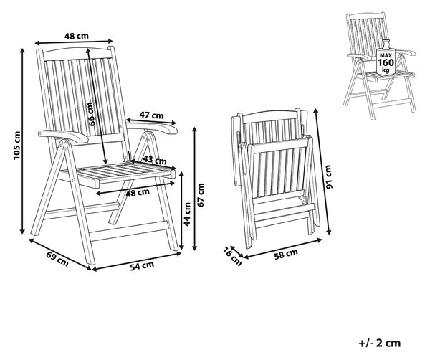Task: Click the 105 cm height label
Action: [17, 146]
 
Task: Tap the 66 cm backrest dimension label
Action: [92, 114]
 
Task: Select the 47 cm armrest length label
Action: [152, 115]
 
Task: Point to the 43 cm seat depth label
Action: [155, 159]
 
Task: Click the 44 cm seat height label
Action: [187, 214]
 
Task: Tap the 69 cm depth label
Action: [57, 259]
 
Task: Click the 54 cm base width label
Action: [142, 266]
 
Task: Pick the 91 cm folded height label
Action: [328, 176]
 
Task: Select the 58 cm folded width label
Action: [286, 254]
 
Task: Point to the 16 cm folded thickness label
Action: [232, 257]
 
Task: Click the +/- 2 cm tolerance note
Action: [380, 343]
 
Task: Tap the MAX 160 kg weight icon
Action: [386, 57]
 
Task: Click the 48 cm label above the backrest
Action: [77, 36]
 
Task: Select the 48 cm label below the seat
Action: [138, 193]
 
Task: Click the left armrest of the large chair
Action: [64, 136]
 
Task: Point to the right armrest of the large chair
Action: [152, 127]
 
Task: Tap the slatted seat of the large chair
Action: [118, 173]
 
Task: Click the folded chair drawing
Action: [275, 178]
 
